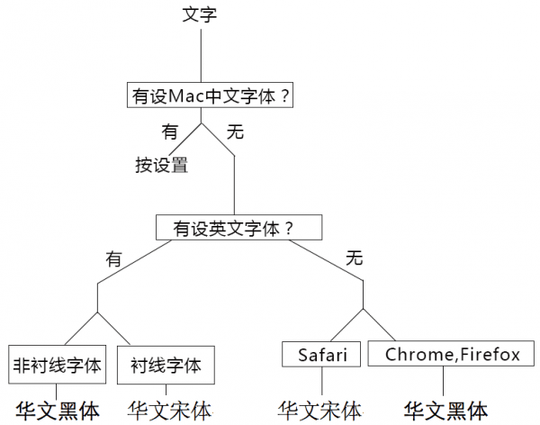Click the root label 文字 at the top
[x=199, y=14]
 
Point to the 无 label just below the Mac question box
[x=235, y=131]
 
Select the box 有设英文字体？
[x=238, y=228]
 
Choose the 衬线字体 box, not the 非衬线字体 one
[x=166, y=366]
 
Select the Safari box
[x=322, y=355]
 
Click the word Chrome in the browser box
[x=416, y=355]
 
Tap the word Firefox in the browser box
[x=490, y=355]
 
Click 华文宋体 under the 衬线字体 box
[x=169, y=411]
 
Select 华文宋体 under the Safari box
[x=320, y=411]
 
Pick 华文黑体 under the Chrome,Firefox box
[x=445, y=411]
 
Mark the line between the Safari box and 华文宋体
[x=322, y=383]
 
